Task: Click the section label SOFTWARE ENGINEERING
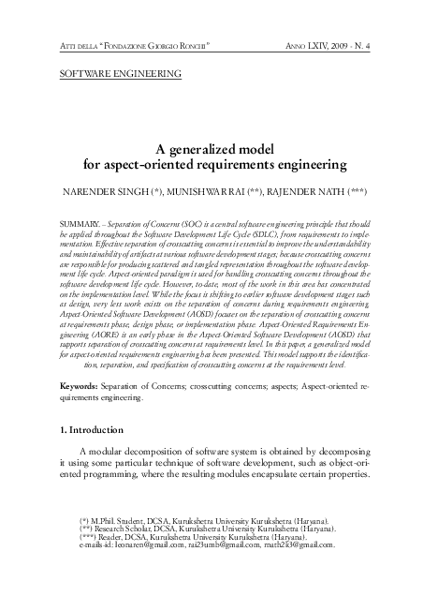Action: pos(120,72)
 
